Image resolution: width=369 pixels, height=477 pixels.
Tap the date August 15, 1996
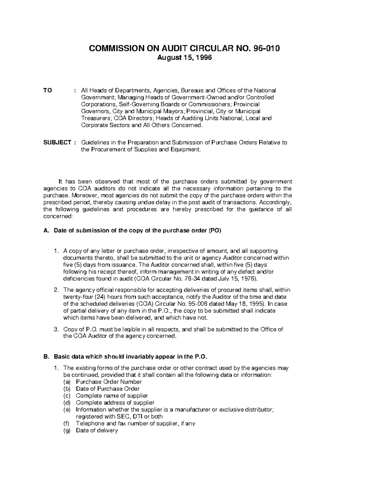point(184,57)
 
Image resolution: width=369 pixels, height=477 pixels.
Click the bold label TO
point(48,91)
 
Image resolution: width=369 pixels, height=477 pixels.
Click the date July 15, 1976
point(237,279)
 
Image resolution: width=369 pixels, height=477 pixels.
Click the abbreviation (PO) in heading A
point(215,231)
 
